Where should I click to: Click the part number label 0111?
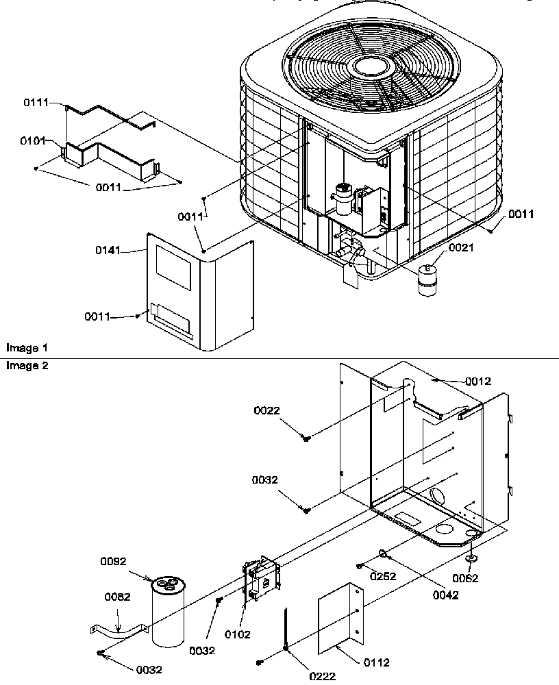click(x=36, y=102)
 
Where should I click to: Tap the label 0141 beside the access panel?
click(x=108, y=251)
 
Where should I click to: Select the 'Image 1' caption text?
click(x=23, y=348)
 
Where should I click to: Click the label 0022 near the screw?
click(x=266, y=410)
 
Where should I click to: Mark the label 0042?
click(x=445, y=595)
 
